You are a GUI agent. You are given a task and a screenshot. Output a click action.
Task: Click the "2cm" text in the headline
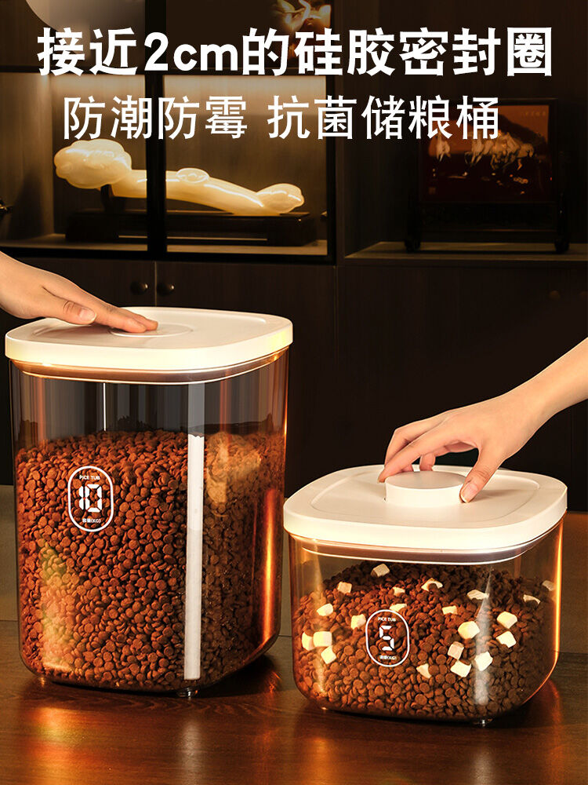tap(197, 52)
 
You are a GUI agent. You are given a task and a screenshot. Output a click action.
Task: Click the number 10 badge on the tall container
tap(90, 499)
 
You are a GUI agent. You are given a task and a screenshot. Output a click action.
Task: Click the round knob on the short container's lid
tap(425, 489)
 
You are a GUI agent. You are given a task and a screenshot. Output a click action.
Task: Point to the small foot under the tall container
tap(186, 692)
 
